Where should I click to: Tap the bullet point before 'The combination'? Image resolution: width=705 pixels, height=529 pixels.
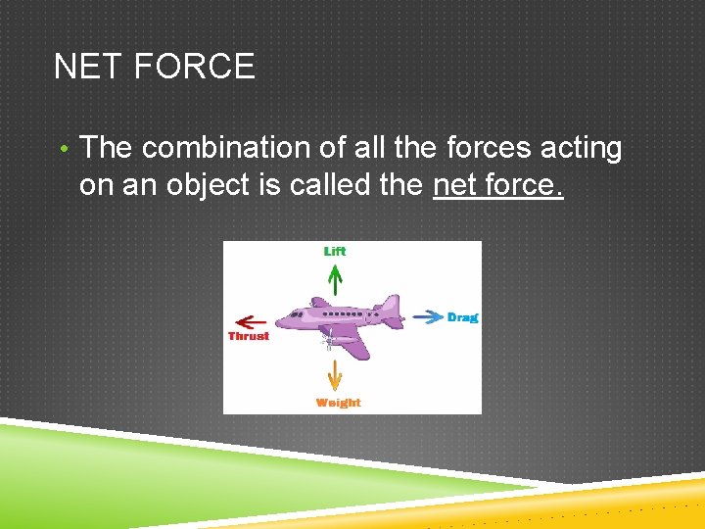click(x=63, y=149)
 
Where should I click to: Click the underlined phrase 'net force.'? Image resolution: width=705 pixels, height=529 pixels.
click(x=497, y=184)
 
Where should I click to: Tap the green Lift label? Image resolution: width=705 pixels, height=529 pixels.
click(x=335, y=251)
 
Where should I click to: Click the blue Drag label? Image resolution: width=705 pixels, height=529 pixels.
click(x=462, y=316)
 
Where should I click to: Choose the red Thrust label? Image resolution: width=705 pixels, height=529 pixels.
click(x=248, y=336)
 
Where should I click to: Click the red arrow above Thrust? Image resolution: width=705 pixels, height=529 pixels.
click(x=252, y=320)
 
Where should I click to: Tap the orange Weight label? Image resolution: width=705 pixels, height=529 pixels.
click(x=338, y=403)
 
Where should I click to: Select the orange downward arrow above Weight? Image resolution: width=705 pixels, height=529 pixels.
click(x=335, y=376)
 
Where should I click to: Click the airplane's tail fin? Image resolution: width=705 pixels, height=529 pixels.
click(x=391, y=307)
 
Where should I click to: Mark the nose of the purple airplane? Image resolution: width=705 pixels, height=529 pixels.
click(x=279, y=320)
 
